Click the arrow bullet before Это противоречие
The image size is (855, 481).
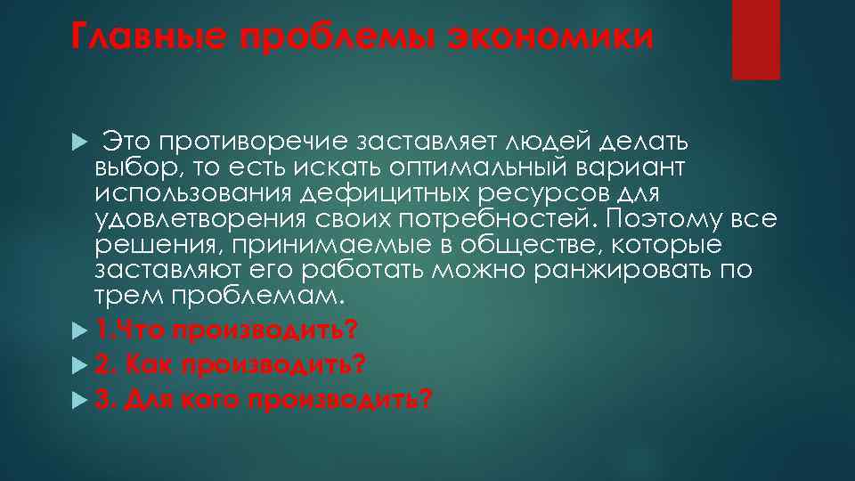[78, 143]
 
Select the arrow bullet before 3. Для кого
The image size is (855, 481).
[78, 400]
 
